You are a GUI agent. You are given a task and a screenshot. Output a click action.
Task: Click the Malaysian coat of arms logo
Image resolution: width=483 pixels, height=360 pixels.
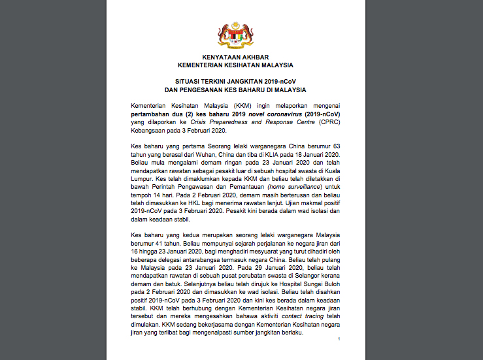235,35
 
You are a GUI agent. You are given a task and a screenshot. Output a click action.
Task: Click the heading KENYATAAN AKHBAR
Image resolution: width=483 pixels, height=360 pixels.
235,57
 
